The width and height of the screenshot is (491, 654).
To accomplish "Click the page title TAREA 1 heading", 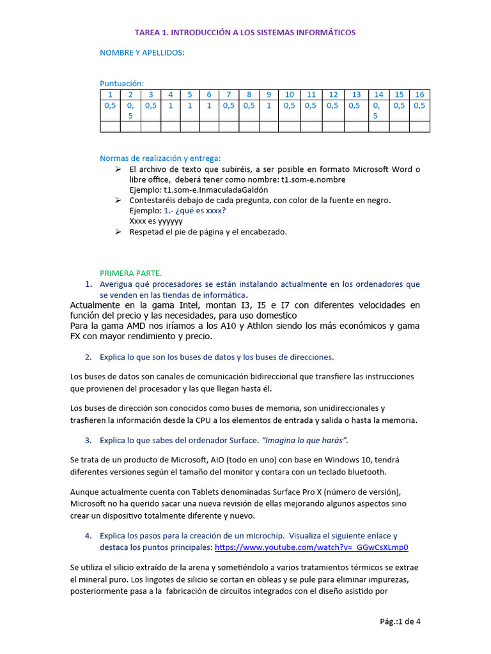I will point(245,32).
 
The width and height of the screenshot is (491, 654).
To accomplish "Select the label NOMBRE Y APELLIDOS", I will point(142,52).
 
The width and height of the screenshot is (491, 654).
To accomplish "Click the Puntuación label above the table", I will point(121,83).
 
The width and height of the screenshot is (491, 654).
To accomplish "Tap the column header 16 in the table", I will point(419,95).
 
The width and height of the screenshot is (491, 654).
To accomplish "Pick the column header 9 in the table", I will point(269,95).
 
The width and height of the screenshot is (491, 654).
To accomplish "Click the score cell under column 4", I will point(171,106).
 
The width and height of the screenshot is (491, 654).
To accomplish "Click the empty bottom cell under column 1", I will point(110,126).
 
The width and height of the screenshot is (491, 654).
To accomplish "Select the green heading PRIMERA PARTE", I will point(130,273).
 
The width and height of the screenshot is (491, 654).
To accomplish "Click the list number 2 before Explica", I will point(88,357).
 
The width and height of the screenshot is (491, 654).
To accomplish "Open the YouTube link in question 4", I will point(311,547).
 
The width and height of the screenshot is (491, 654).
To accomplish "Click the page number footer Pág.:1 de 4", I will point(400,622).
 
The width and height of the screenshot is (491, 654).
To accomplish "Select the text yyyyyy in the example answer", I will point(169,220).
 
